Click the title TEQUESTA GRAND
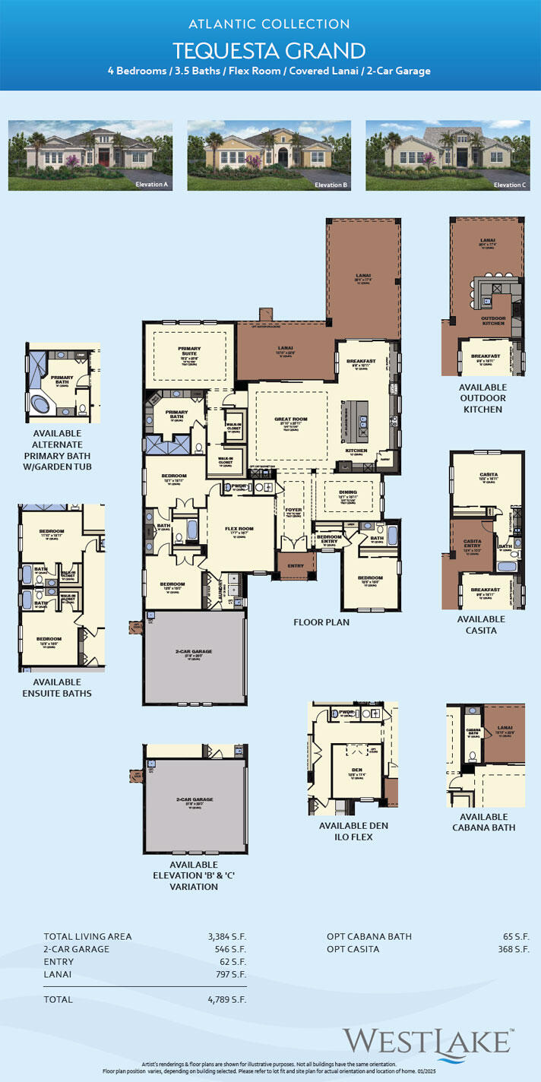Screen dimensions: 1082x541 (x=270, y=51)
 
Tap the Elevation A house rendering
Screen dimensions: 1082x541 (x=90, y=155)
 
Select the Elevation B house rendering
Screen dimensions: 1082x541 (x=269, y=155)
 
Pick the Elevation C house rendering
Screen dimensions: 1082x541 (x=448, y=155)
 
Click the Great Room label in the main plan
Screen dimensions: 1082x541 (x=290, y=419)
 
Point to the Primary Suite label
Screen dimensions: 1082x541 (x=189, y=350)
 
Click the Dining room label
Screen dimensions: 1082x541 (x=347, y=492)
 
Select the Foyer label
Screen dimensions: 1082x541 (x=293, y=510)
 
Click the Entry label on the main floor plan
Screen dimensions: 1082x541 (x=296, y=565)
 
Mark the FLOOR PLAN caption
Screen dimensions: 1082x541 (x=321, y=622)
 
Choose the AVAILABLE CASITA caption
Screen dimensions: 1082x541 (x=481, y=624)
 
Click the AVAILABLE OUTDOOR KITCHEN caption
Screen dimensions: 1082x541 (x=484, y=398)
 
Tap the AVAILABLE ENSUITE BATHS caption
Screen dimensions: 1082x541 (x=62, y=688)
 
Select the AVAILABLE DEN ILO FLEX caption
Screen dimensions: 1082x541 (x=346, y=831)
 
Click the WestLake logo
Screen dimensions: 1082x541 (x=426, y=1041)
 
